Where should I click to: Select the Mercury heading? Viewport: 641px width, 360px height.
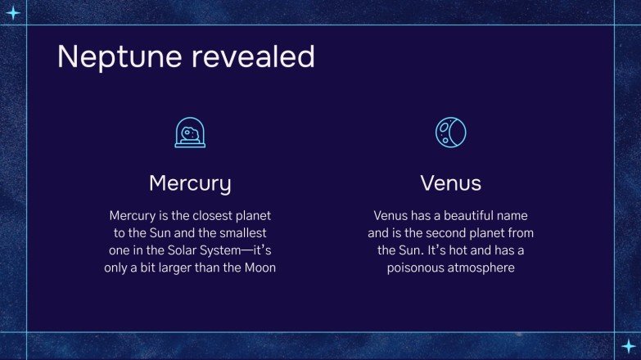pos(190,182)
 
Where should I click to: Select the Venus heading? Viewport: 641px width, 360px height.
pos(450,182)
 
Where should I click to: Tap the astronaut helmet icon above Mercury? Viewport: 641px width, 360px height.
pos(190,132)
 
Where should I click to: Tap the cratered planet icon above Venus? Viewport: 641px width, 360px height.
pos(450,132)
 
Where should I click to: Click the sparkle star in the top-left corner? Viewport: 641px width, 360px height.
pos(13,12)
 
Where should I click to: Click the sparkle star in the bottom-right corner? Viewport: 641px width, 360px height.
pos(627,346)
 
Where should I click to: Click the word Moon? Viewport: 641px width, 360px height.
pos(258,268)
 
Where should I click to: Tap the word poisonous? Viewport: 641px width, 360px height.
pos(417,268)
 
